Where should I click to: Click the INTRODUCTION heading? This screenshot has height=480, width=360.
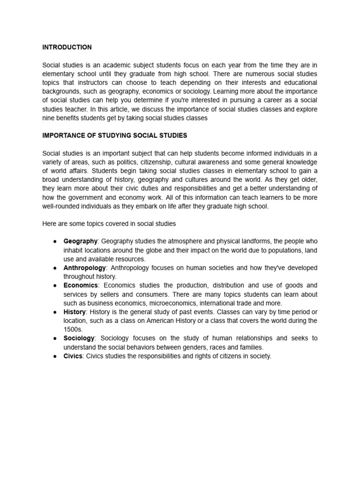tap(67, 47)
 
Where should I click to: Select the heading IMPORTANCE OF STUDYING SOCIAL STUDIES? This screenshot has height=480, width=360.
tap(115, 135)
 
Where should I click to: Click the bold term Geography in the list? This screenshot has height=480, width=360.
tap(80, 241)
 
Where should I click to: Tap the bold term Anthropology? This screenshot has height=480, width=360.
tap(85, 268)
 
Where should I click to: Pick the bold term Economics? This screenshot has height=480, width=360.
tap(81, 285)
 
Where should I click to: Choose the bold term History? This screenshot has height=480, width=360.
tap(75, 312)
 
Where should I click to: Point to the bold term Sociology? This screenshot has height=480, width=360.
tap(79, 338)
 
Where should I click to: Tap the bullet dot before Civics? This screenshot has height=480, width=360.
tap(55, 356)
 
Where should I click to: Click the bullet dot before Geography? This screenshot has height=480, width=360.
tap(55, 241)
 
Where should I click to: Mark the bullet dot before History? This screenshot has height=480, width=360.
tap(55, 312)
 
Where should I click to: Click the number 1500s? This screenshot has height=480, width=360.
tap(73, 330)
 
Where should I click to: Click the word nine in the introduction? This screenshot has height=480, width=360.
tap(49, 118)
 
